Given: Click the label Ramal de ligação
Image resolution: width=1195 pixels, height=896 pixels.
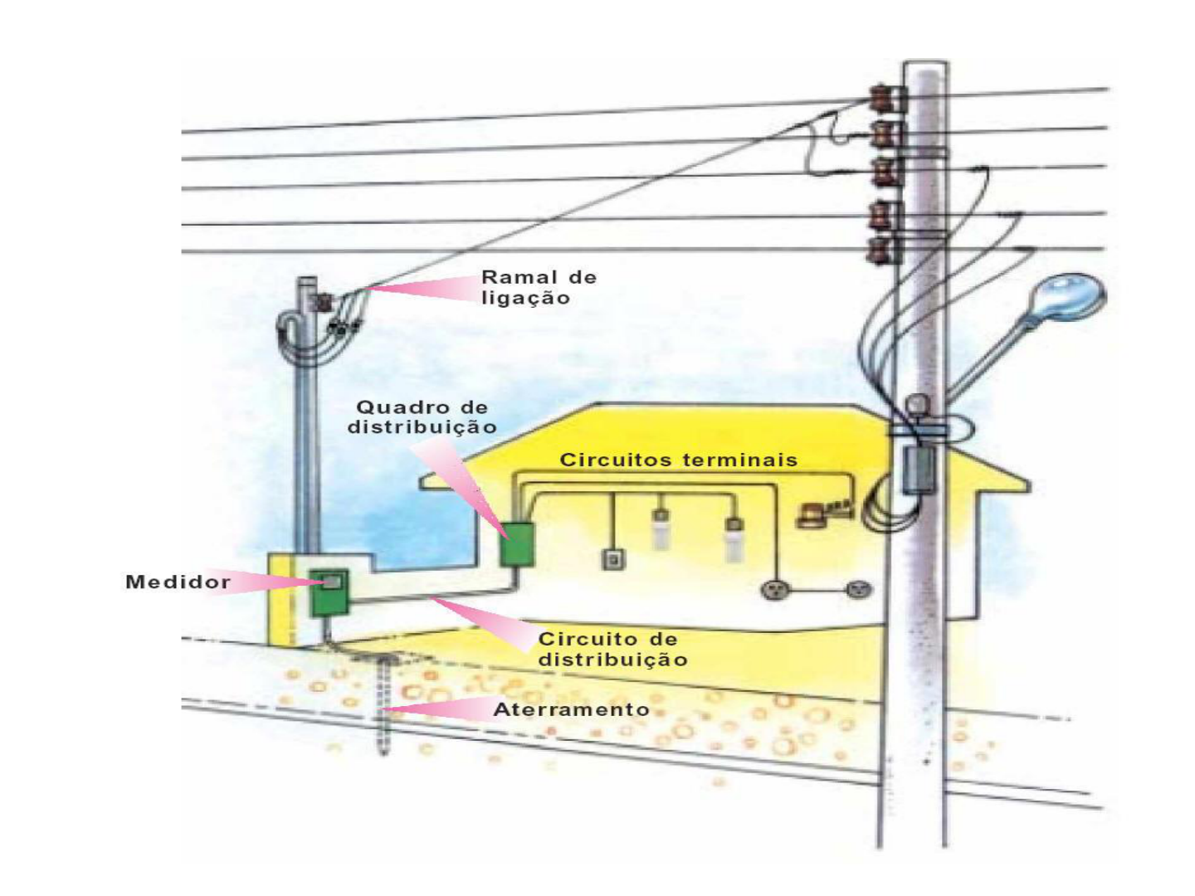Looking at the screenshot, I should tap(538, 287).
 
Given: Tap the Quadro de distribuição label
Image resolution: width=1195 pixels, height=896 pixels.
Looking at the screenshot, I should tap(422, 417).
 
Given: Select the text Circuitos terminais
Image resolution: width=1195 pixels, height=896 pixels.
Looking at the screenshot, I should tap(678, 460).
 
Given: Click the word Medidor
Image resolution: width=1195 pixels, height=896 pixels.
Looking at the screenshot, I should tap(178, 582).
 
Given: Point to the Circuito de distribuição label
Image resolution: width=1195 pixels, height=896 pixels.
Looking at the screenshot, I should tap(612, 649).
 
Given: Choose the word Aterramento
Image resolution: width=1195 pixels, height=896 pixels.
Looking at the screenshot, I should tap(571, 709).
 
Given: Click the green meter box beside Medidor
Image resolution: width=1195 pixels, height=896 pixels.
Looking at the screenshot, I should tap(329, 592).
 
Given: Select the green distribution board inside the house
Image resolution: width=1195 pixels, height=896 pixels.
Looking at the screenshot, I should tap(517, 544).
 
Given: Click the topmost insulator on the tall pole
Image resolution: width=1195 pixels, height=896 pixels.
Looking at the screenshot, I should tap(886, 99).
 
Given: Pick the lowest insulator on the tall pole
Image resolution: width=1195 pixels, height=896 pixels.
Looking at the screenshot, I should tap(885, 250).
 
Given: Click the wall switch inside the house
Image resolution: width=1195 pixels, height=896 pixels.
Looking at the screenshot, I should tap(612, 560).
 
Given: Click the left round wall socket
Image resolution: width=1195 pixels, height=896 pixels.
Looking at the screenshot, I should tap(776, 590).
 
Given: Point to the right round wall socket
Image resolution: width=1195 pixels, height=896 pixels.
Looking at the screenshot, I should tap(858, 590).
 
